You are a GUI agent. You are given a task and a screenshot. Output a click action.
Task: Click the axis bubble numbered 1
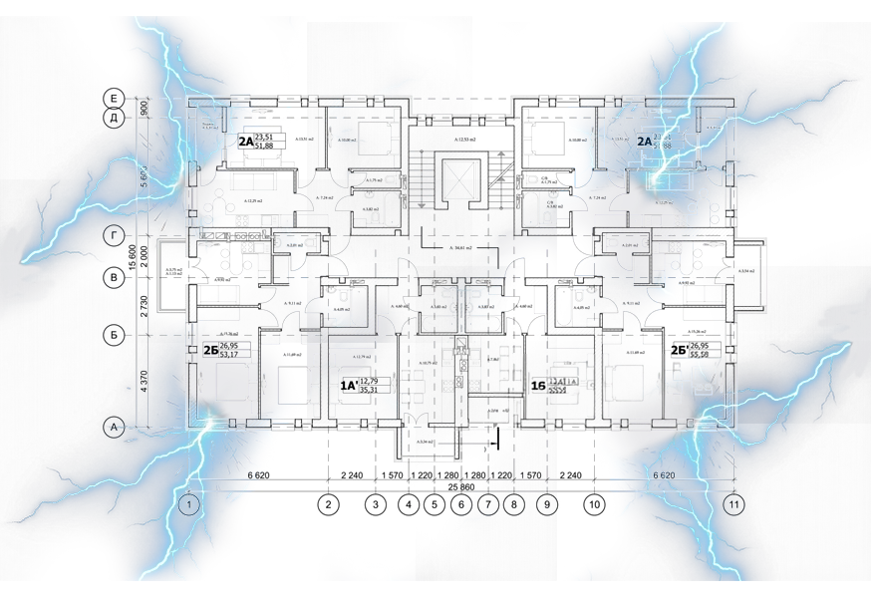pyautogui.click(x=188, y=505)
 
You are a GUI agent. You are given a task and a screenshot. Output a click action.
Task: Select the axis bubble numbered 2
pyautogui.click(x=328, y=505)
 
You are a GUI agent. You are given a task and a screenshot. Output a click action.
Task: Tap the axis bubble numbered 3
pyautogui.click(x=375, y=505)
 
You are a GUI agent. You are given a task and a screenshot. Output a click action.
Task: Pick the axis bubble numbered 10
pyautogui.click(x=595, y=505)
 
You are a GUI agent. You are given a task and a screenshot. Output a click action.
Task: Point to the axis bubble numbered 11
pyautogui.click(x=735, y=505)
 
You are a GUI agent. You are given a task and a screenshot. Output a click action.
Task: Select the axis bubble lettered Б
pyautogui.click(x=115, y=336)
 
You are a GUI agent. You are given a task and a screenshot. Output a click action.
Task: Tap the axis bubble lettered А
pyautogui.click(x=115, y=428)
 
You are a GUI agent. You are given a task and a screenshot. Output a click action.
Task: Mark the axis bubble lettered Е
pyautogui.click(x=115, y=97)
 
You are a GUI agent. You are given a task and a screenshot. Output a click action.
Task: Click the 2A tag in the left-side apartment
pyautogui.click(x=245, y=142)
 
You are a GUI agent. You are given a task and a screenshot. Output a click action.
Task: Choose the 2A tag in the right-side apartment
pyautogui.click(x=645, y=142)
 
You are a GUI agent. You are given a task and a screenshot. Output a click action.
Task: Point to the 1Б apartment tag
pyautogui.click(x=540, y=385)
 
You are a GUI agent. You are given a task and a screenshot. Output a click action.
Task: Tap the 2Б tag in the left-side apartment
pyautogui.click(x=210, y=350)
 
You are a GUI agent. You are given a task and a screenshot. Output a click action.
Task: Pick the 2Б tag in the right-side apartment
pyautogui.click(x=677, y=350)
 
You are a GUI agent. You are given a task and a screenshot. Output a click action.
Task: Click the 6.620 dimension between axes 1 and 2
pyautogui.click(x=257, y=475)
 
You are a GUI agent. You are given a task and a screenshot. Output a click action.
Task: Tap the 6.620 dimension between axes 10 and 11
pyautogui.click(x=665, y=475)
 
